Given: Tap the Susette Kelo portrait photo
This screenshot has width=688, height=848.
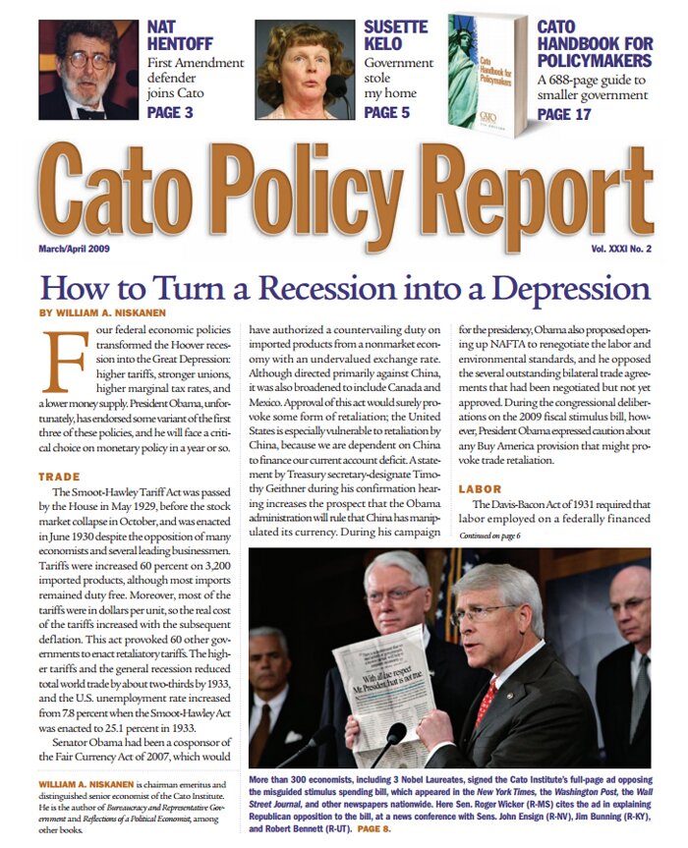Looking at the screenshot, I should [x=305, y=70].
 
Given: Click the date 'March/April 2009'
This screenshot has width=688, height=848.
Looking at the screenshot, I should [x=75, y=249].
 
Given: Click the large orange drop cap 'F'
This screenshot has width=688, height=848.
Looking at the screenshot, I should [x=61, y=362].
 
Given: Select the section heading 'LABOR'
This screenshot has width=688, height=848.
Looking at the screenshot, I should [x=480, y=488].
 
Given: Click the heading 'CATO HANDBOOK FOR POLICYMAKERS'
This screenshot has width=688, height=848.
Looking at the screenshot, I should [x=595, y=43].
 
